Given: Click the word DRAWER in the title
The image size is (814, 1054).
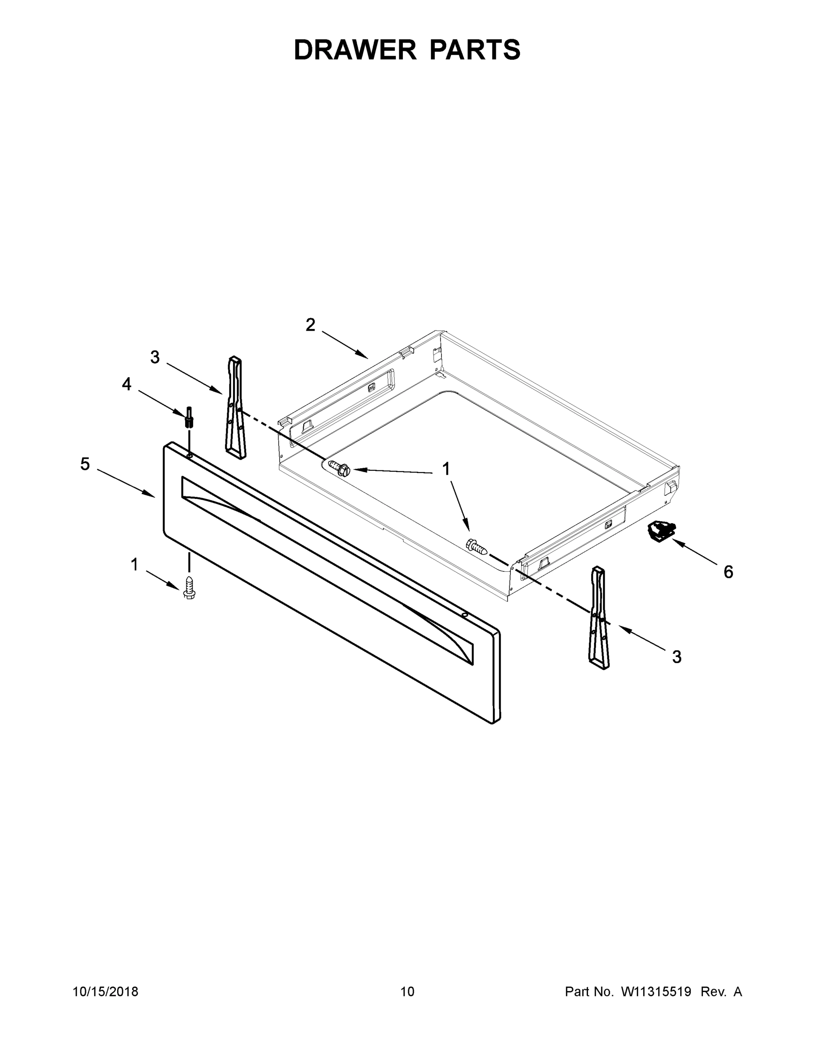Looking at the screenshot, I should pyautogui.click(x=355, y=50).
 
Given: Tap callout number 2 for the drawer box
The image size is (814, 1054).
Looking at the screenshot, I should pyautogui.click(x=310, y=325).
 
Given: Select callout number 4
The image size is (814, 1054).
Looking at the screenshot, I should pyautogui.click(x=126, y=384).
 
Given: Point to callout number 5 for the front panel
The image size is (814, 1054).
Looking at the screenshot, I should pyautogui.click(x=85, y=464).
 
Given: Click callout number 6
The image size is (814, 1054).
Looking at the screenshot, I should pyautogui.click(x=728, y=572).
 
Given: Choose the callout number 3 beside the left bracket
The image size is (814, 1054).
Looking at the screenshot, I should pyautogui.click(x=155, y=357).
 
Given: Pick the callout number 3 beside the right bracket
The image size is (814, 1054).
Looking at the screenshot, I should pyautogui.click(x=677, y=657).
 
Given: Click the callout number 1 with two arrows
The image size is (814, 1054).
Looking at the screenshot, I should pyautogui.click(x=446, y=469).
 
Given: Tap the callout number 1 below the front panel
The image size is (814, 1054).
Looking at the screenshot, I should pyautogui.click(x=135, y=564).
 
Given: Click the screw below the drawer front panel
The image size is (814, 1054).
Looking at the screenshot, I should pyautogui.click(x=190, y=586).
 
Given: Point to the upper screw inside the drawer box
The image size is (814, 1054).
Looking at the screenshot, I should pyautogui.click(x=340, y=467).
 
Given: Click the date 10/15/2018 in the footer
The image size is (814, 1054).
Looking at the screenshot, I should pyautogui.click(x=106, y=992).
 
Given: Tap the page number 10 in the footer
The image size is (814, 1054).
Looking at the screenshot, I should pyautogui.click(x=408, y=992).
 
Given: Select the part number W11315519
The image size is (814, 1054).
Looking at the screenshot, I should pyautogui.click(x=656, y=992).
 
